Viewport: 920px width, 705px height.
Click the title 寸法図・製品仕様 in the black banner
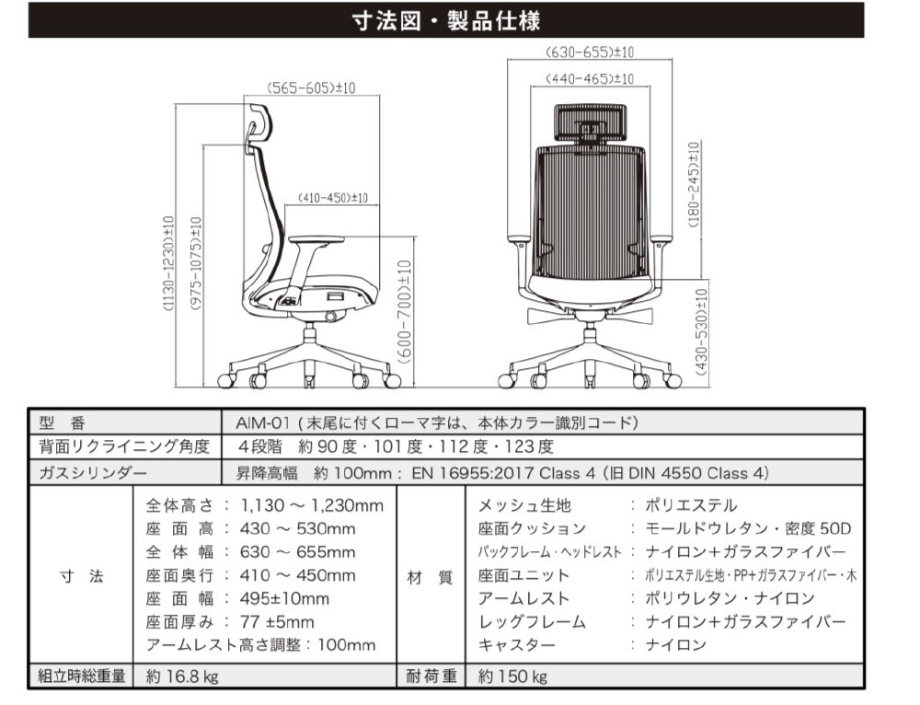[x=446, y=20]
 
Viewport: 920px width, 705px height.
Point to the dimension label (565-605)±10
[x=311, y=88]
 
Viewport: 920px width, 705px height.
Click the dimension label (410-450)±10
[x=333, y=198]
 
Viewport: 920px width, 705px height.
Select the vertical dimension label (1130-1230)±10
[x=168, y=264]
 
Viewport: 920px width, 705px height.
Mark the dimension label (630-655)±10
[x=590, y=52]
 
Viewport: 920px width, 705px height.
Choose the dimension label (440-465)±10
[x=590, y=79]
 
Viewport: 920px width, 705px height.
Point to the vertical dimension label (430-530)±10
[x=702, y=332]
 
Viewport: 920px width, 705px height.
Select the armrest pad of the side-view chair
[x=317, y=240]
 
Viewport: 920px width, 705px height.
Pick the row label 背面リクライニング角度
[x=125, y=447]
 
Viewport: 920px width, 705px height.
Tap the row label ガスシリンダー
[x=92, y=473]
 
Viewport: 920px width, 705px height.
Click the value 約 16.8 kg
[x=182, y=676]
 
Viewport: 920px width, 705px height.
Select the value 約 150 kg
[x=512, y=676]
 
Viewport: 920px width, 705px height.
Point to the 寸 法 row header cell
[x=81, y=577]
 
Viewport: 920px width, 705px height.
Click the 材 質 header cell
[x=431, y=577]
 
